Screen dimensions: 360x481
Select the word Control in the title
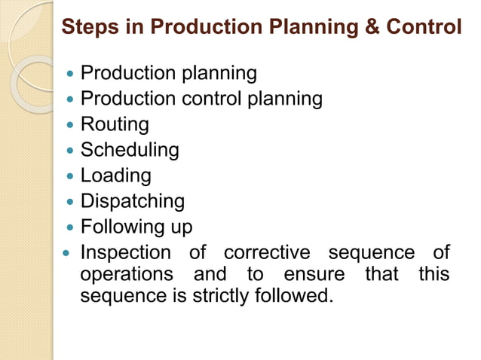point(424,28)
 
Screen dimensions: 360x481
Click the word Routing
point(115,124)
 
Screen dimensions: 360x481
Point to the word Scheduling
point(130,150)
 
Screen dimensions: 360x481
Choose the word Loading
point(116,175)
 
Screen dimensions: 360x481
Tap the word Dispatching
point(133,201)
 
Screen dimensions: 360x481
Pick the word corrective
point(267,252)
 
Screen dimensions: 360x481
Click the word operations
point(126,273)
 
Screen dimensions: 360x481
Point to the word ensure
point(314,273)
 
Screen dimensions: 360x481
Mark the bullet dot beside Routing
point(70,125)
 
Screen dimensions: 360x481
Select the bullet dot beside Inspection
point(70,253)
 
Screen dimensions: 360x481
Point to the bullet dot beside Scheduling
point(70,151)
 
